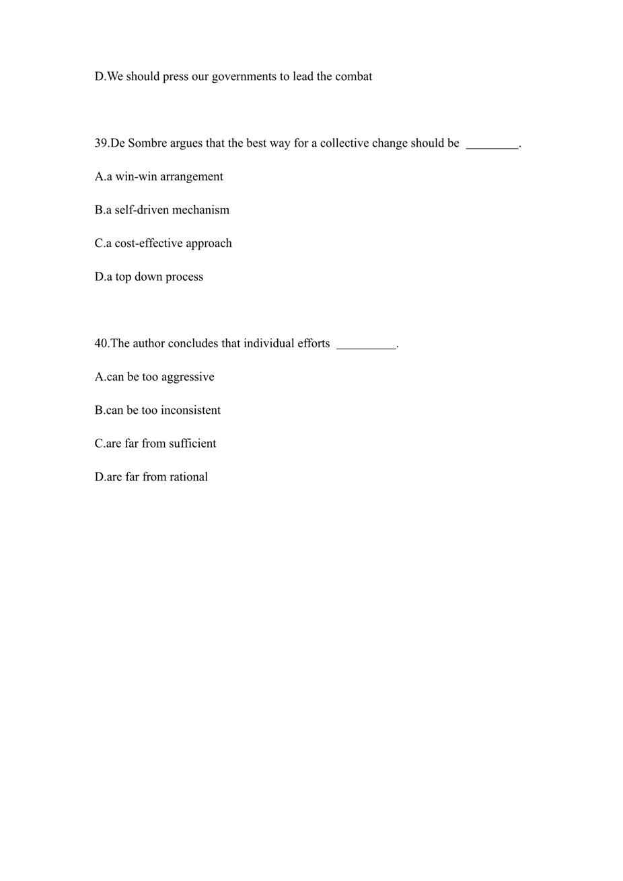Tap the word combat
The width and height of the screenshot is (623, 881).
point(353,77)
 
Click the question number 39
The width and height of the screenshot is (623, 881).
point(101,143)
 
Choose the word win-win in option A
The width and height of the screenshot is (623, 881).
point(136,177)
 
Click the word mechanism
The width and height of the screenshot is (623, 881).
point(203,210)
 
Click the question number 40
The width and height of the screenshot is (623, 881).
point(101,343)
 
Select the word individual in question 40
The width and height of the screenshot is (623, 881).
point(268,343)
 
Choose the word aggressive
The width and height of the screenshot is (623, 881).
point(186,378)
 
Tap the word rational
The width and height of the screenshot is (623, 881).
point(188,477)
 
